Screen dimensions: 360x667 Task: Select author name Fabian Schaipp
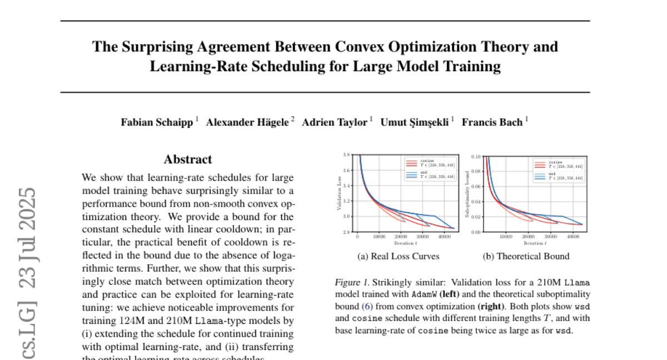[157, 123]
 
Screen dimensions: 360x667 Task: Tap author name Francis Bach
[492, 123]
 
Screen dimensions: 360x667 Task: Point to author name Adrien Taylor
[335, 123]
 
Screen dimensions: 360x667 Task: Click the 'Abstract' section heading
[188, 159]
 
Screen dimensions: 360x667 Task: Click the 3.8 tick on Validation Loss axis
[346, 154]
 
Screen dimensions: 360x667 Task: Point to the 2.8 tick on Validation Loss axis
[346, 232]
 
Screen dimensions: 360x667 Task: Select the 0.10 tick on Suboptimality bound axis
[476, 156]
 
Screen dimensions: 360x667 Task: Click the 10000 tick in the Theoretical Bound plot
[506, 237]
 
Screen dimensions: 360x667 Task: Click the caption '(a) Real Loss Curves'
[398, 256]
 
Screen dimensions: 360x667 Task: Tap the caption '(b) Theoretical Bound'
[526, 256]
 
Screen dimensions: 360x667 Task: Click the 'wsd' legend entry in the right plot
[552, 173]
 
